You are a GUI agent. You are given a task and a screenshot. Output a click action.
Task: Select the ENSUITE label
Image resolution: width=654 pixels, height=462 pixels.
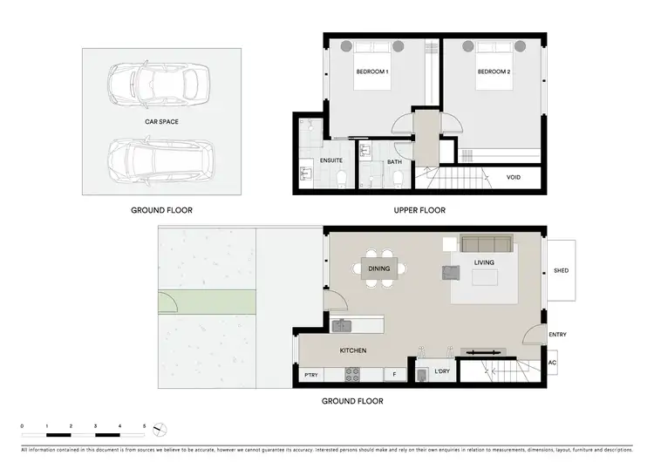330,161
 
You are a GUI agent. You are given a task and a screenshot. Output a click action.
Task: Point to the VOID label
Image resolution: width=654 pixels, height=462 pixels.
514,177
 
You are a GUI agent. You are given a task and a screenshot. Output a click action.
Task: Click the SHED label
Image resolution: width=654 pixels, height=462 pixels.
561,270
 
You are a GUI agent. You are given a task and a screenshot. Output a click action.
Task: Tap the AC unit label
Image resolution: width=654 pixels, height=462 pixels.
552,363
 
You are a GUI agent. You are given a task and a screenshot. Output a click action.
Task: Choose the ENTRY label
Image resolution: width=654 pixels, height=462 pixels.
557,335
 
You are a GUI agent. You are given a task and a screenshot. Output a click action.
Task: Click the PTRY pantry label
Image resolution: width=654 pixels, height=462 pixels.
310,376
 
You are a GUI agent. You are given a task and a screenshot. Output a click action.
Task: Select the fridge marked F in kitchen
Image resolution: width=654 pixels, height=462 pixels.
394,376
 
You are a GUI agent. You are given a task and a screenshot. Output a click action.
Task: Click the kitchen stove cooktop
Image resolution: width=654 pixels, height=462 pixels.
353,375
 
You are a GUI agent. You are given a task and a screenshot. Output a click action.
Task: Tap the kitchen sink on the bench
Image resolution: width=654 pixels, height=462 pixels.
341,326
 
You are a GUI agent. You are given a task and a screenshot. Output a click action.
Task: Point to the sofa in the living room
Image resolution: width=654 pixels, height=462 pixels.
487,244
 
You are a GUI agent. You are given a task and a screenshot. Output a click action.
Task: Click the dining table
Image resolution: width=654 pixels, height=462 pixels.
379,268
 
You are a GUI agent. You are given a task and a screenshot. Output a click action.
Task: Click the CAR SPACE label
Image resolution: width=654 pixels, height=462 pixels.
161,122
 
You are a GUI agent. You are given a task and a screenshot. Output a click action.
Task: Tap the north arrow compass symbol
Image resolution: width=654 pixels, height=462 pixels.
159,428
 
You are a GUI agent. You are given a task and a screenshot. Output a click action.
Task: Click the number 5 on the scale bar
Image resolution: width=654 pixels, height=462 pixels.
145,426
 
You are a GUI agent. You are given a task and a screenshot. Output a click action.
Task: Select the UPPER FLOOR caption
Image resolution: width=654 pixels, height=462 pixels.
420,210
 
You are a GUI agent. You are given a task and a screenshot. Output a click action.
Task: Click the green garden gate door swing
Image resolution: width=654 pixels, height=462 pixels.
167,302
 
